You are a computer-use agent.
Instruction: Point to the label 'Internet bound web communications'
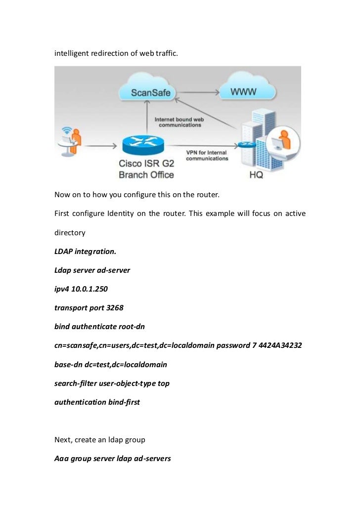180,122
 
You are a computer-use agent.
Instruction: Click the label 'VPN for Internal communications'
207,156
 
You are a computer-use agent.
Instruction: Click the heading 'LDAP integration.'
85,251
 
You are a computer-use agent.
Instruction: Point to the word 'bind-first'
124,402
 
